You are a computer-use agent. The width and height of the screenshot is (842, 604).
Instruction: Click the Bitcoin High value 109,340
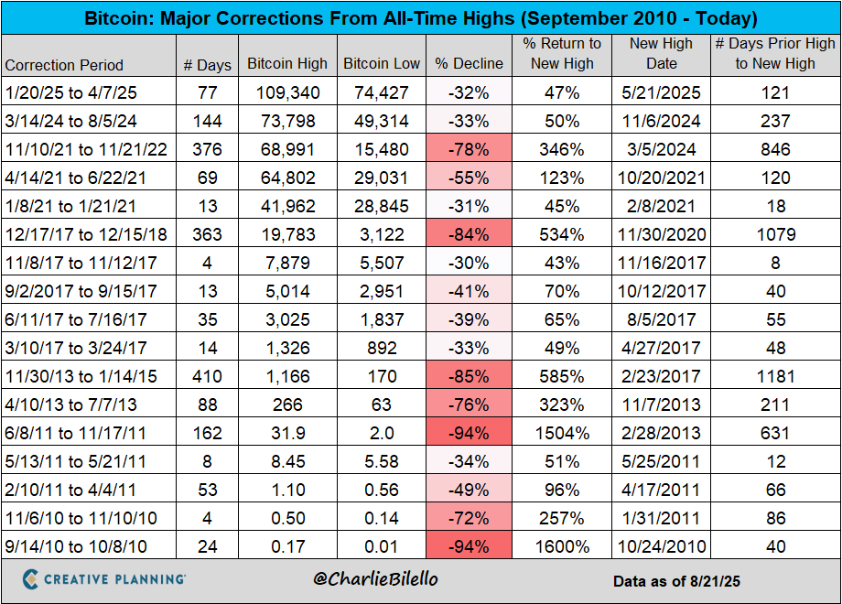point(287,92)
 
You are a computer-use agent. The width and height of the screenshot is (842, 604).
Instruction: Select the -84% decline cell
point(469,234)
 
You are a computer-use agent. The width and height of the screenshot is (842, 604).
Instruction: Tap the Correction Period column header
point(64,65)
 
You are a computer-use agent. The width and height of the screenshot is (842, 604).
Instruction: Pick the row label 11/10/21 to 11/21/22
point(88,149)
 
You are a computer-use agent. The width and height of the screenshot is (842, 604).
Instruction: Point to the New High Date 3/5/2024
point(662,149)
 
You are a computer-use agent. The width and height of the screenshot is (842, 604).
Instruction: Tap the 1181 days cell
point(775,376)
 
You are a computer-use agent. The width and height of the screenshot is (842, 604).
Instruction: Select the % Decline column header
point(469,64)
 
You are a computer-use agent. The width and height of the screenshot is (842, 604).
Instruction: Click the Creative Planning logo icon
point(31,578)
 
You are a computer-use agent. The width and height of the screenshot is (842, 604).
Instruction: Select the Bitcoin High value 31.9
point(287,433)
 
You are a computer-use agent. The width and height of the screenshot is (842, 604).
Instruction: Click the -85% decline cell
point(469,376)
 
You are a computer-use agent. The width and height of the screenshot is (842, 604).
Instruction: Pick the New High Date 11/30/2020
point(662,234)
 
